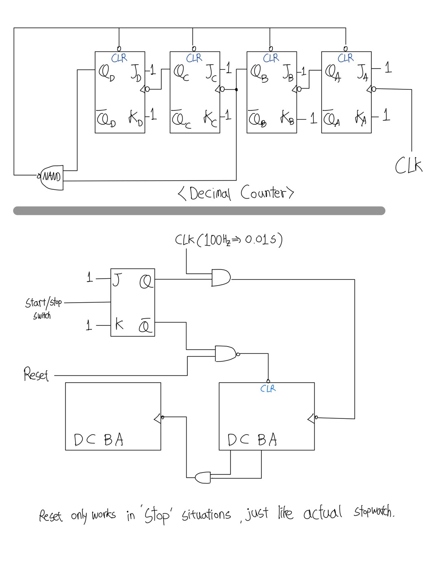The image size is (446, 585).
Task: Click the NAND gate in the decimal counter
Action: click(x=52, y=177)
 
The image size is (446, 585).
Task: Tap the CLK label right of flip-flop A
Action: click(x=409, y=166)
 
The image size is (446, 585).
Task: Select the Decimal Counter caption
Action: click(x=236, y=193)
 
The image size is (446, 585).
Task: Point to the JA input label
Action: click(x=362, y=73)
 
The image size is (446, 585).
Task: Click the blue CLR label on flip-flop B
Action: click(x=271, y=58)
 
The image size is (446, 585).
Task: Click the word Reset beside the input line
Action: click(x=36, y=374)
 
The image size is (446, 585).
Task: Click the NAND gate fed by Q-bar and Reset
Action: click(x=226, y=354)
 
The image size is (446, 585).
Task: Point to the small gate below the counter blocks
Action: click(x=203, y=477)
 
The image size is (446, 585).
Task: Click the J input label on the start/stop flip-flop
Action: click(x=116, y=280)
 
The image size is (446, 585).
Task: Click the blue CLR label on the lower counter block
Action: click(x=268, y=389)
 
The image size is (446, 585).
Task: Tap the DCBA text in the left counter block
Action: click(x=98, y=440)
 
